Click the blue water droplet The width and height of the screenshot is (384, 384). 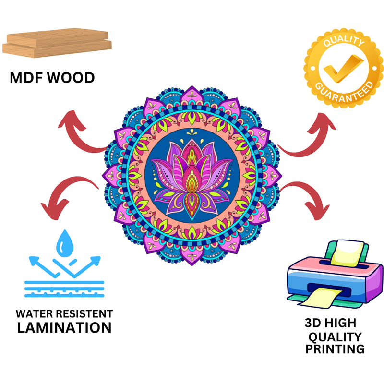pyautogui.click(x=64, y=243)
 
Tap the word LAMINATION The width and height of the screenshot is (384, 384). pyautogui.click(x=64, y=328)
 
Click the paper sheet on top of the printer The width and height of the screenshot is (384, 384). pyautogui.click(x=345, y=252)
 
